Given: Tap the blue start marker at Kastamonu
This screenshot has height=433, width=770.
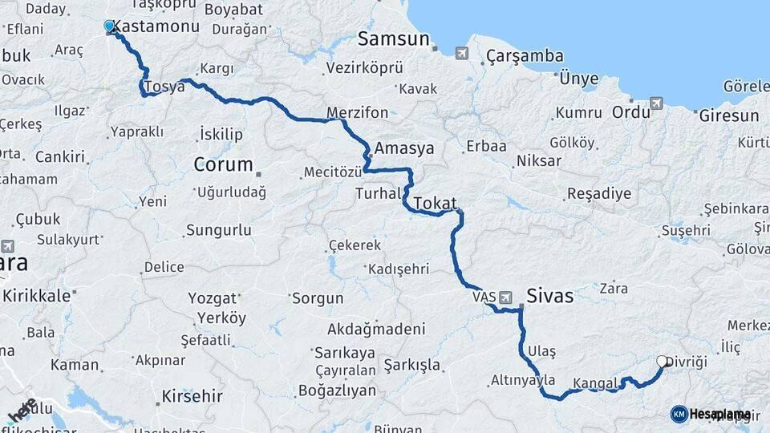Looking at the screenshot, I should click(110, 26).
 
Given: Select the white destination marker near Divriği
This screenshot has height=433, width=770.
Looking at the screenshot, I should click(663, 362).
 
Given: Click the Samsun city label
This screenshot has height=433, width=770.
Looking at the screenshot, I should click(394, 38).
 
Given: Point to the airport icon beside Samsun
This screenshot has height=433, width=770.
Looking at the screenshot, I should click(461, 53).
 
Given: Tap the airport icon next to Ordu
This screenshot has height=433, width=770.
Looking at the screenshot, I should click(657, 103).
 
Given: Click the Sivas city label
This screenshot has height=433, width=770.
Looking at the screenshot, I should click(549, 296).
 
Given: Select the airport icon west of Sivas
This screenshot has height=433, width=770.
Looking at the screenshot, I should click(505, 297).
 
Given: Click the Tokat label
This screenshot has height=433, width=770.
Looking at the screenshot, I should click(435, 202).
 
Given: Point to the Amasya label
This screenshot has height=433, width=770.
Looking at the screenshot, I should click(404, 148).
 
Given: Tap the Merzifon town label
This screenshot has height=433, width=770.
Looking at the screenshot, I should click(358, 112).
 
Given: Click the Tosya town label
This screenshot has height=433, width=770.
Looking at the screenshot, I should click(165, 87).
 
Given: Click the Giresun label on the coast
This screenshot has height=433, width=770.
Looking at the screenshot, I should click(728, 115).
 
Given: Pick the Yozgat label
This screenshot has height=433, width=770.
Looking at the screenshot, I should click(213, 298).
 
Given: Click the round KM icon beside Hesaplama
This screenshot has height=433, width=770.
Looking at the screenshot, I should click(679, 414).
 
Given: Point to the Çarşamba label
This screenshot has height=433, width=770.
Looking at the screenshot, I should click(525, 56).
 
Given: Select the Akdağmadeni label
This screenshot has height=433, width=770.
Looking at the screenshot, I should click(376, 329).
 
